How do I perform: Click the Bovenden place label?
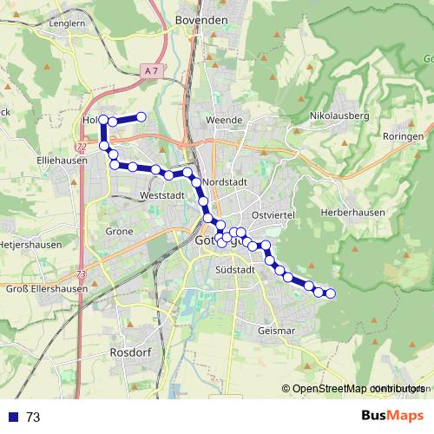[x=201, y=19]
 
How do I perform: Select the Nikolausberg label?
[x=339, y=115]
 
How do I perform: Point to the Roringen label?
[x=404, y=137]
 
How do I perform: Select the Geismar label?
[x=277, y=331]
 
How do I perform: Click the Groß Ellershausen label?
[x=43, y=289]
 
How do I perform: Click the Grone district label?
[x=119, y=232]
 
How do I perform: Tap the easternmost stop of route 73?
[x=330, y=293]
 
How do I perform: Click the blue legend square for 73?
[x=15, y=417]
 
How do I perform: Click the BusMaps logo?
[x=393, y=416]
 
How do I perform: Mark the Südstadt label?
[x=233, y=270]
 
